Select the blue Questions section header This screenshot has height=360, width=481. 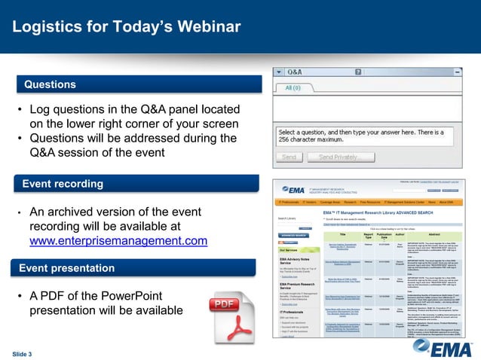(x=50, y=84)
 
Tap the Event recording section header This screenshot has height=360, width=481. (x=63, y=184)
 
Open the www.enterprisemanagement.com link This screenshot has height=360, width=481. (x=118, y=241)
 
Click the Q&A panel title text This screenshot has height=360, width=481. (x=294, y=72)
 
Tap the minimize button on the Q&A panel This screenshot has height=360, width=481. (x=458, y=72)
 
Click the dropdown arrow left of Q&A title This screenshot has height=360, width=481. (x=278, y=72)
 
